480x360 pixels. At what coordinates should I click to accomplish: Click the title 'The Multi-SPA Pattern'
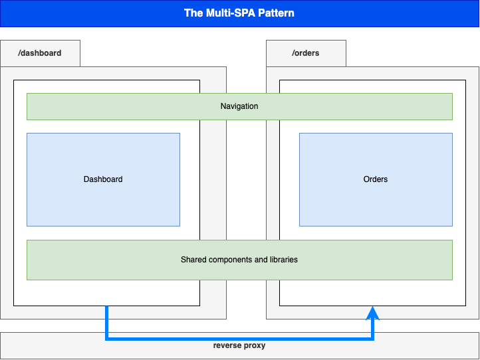pos(239,13)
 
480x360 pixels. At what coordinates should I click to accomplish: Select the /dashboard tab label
pos(40,53)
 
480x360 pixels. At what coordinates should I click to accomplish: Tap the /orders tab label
pos(305,53)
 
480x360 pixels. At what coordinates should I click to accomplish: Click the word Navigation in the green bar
pos(239,106)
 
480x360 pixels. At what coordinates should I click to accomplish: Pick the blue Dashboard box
pos(103,179)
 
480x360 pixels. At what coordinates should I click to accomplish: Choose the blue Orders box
pos(376,179)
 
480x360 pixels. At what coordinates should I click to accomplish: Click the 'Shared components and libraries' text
pos(239,260)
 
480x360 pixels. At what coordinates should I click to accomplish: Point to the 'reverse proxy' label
pos(239,345)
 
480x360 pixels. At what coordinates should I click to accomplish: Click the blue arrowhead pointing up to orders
pos(374,313)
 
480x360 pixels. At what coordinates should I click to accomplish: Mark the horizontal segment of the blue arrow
pos(239,339)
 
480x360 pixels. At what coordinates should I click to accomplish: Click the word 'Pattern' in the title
pos(277,13)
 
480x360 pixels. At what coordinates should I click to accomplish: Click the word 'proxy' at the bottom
pos(255,345)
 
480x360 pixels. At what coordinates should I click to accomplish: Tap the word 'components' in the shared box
pos(230,260)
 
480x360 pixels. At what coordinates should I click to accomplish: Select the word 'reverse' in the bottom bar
pos(227,345)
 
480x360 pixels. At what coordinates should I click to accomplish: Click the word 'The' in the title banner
pos(193,13)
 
